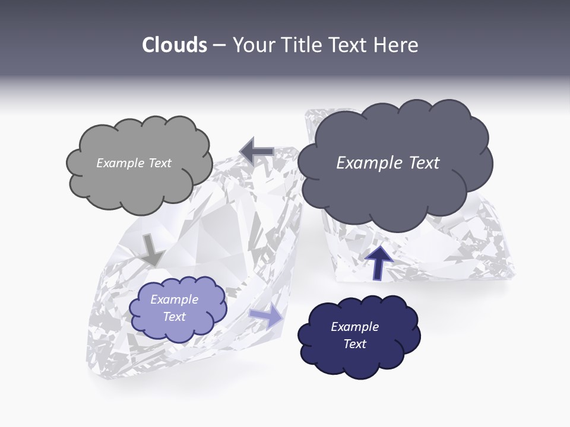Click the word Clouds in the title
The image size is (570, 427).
pyautogui.click(x=174, y=45)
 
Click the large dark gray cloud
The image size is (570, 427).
pyautogui.click(x=394, y=190)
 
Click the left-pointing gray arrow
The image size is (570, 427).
pyautogui.click(x=256, y=151)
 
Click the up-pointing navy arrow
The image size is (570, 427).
pyautogui.click(x=378, y=262)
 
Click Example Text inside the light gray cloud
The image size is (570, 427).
pyautogui.click(x=134, y=163)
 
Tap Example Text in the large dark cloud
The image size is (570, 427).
pyautogui.click(x=388, y=163)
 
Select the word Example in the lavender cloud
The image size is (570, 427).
pyautogui.click(x=174, y=299)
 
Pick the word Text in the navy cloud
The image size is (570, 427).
pyautogui.click(x=354, y=344)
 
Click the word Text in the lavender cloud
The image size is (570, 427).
pyautogui.click(x=174, y=317)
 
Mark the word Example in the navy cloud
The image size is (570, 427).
pyautogui.click(x=354, y=327)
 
